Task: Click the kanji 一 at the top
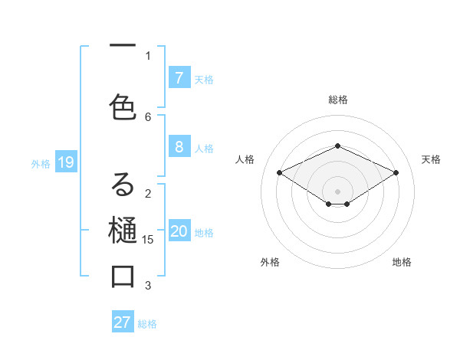(x=123, y=47)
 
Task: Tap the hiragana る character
(x=123, y=185)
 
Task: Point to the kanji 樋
(x=123, y=231)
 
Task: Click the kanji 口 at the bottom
(x=123, y=277)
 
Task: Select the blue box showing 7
(x=179, y=77)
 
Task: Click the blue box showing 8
(x=179, y=146)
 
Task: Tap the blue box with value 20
(x=179, y=232)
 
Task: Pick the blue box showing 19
(x=65, y=162)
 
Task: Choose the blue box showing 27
(x=123, y=322)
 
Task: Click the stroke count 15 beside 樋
(x=149, y=239)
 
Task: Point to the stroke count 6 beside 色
(x=148, y=116)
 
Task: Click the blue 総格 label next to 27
(x=147, y=324)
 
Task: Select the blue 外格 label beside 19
(x=41, y=163)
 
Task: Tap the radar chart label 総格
(x=338, y=100)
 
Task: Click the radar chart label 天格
(x=432, y=159)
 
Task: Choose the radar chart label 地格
(x=402, y=262)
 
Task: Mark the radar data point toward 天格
(x=396, y=173)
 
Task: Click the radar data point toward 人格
(x=280, y=173)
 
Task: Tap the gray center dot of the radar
(x=337, y=191)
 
